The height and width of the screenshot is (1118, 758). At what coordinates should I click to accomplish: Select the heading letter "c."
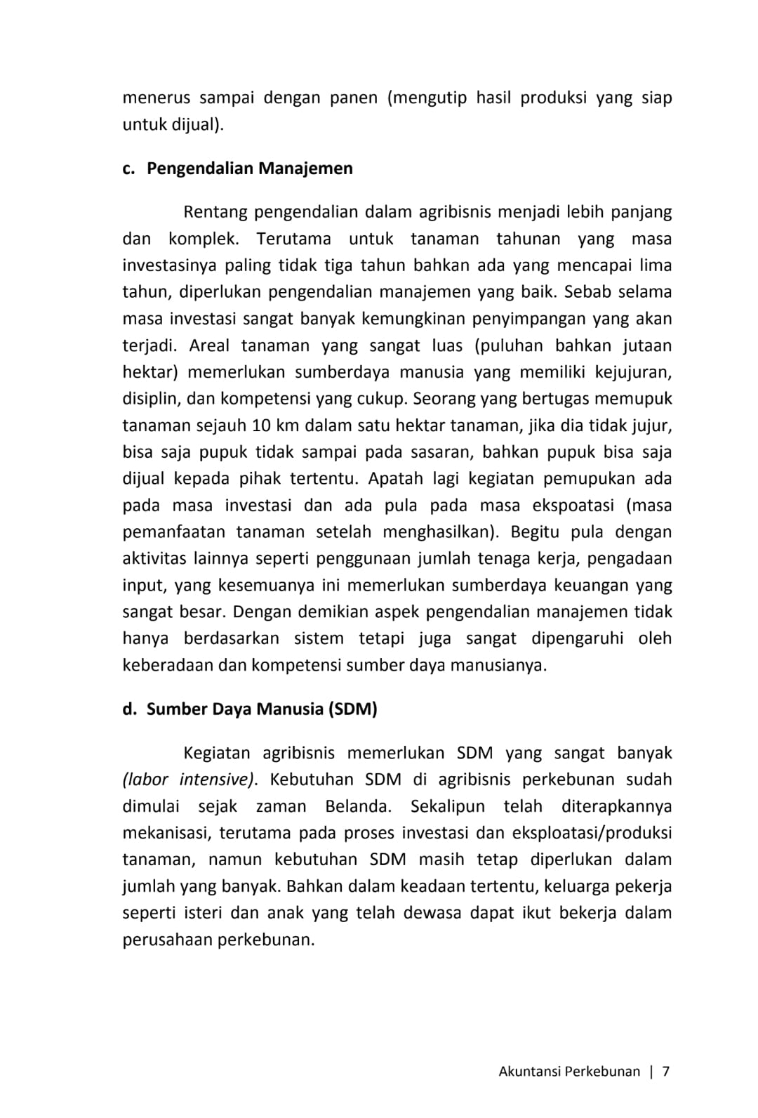point(128,169)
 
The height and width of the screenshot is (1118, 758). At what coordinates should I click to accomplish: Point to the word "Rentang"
point(214,212)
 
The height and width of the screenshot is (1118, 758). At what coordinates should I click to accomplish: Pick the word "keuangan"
point(591,586)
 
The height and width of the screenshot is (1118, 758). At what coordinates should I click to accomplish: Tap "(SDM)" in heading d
point(352,709)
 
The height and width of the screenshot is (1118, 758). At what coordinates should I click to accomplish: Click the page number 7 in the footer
point(666,1072)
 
